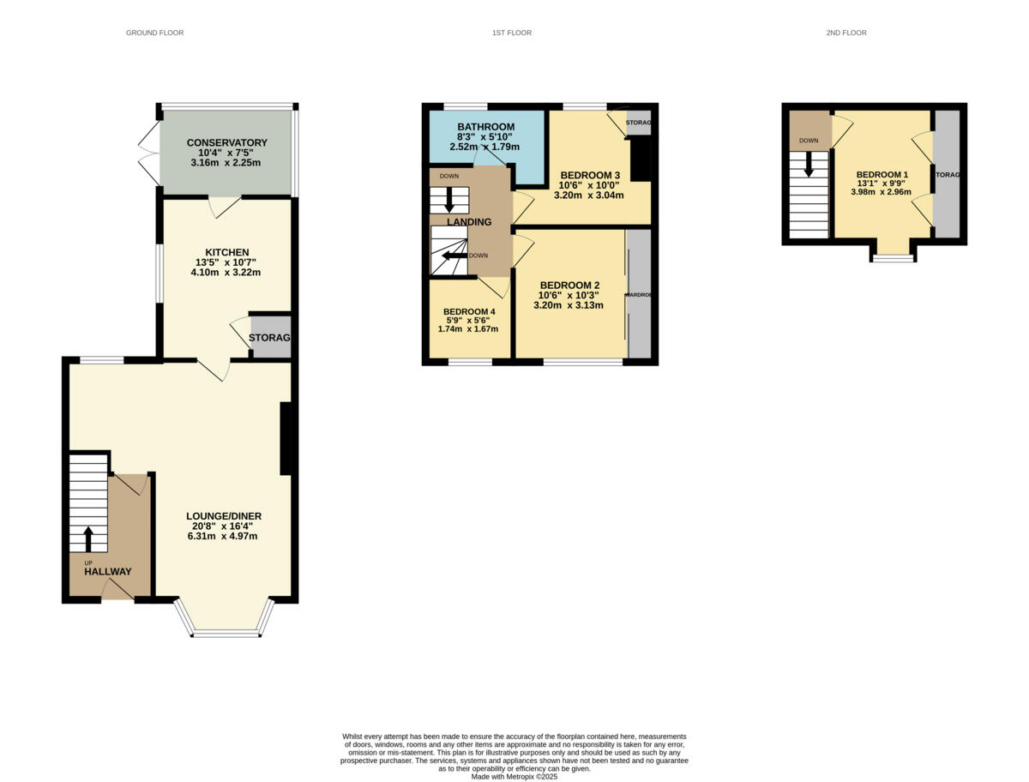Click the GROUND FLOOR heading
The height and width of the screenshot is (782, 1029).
coord(154,33)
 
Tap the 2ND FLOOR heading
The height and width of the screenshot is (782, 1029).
coord(846,33)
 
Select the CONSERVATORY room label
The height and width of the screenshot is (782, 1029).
coord(226,142)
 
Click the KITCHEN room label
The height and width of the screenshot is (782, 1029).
coord(226,252)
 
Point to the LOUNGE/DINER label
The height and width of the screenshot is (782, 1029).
coord(224,516)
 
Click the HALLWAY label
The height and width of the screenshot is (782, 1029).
coord(108,571)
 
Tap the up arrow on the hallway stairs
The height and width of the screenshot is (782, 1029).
coord(87,539)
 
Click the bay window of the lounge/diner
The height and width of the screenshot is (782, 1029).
coord(225,633)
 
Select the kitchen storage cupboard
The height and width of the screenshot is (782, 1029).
coord(270,338)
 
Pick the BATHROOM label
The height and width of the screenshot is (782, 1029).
coord(485,127)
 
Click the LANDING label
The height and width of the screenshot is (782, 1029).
coord(468,222)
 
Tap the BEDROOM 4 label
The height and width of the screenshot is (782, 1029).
coord(468,311)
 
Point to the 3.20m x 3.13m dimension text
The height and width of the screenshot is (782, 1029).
coord(568,305)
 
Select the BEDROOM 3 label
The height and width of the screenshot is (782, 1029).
coord(589,175)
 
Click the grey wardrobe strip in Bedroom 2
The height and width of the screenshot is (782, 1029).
coord(639,293)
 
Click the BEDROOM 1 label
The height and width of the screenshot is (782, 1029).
coord(882,174)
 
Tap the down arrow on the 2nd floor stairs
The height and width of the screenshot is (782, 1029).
coord(808,165)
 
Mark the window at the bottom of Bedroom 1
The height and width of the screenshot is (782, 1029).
coord(894,257)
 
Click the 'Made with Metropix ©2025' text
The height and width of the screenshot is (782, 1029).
coord(514,777)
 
